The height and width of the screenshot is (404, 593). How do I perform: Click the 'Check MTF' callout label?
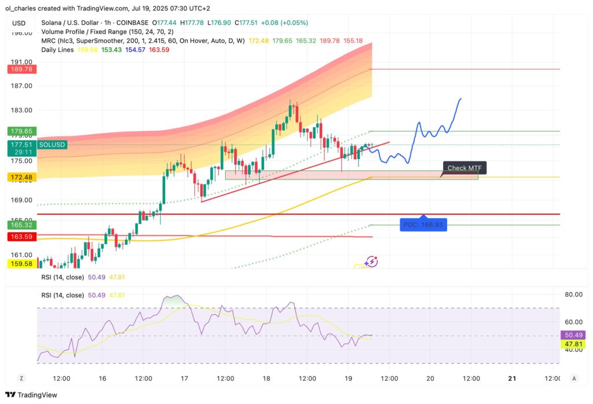coord(464,168)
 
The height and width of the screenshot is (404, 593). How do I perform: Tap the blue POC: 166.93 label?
coord(423,224)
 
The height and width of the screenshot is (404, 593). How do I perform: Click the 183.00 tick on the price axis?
coord(21,110)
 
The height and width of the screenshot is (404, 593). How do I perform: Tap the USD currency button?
coord(19,23)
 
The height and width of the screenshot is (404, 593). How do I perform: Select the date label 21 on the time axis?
coord(512,378)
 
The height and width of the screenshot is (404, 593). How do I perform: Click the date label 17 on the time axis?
coord(184,378)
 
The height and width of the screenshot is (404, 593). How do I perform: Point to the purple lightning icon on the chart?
coord(372,262)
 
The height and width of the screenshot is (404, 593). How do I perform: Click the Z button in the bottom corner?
coord(21,378)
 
